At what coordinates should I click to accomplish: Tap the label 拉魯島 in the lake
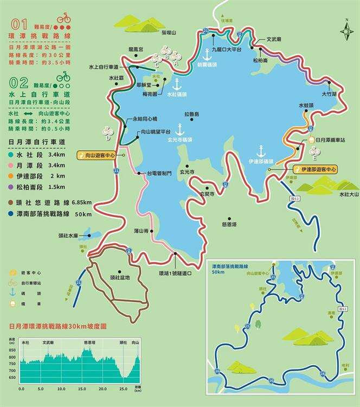click(192, 115)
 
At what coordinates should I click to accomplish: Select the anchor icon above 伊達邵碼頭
click(260, 150)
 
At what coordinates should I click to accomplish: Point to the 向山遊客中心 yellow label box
click(98, 155)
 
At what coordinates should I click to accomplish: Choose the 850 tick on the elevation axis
click(13, 351)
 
